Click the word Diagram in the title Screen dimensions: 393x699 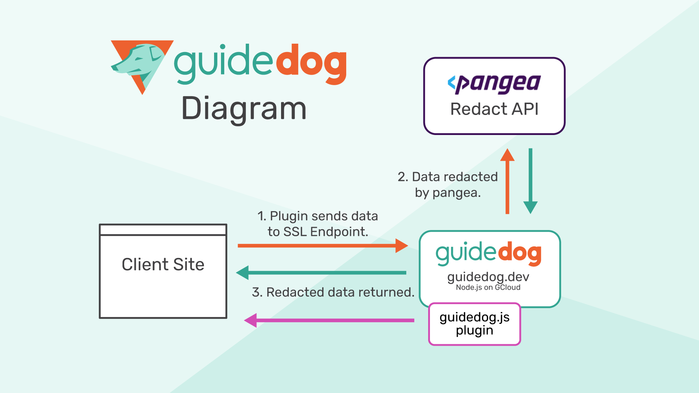244,108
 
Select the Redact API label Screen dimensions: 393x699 494,109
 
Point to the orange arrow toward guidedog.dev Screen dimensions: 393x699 322,246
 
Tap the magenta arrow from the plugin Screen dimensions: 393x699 329,320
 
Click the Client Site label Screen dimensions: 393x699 163,265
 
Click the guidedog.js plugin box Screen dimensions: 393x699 474,324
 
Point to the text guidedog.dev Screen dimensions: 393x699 488,277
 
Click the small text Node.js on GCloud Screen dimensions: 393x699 488,287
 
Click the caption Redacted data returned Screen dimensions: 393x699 333,292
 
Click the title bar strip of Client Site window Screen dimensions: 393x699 163,230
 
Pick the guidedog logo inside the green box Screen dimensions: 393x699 488,253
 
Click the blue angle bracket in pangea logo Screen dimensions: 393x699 451,83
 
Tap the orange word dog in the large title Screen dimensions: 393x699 312,64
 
